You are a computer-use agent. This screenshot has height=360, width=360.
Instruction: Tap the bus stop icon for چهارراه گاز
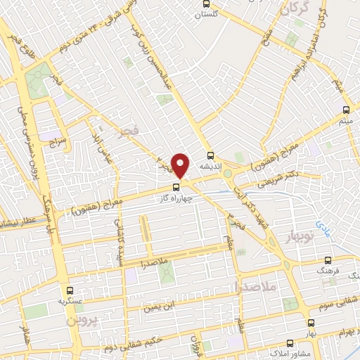click(176, 187)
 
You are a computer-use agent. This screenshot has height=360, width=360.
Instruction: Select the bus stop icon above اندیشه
click(209, 156)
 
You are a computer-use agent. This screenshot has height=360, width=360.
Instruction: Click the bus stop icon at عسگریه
click(69, 290)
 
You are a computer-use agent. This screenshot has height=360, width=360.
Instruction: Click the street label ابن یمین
click(157, 305)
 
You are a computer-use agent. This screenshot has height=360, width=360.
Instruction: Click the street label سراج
click(56, 141)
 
